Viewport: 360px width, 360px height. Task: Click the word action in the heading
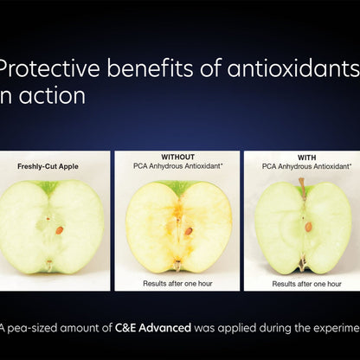(52, 96)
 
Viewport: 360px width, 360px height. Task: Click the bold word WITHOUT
(178, 157)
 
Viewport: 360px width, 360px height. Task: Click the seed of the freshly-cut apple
(60, 230)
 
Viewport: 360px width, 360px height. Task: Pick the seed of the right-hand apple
(308, 227)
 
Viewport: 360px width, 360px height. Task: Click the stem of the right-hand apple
(301, 183)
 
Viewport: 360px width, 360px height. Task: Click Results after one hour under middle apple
(178, 283)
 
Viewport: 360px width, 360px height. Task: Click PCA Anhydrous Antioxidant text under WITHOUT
(178, 165)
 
